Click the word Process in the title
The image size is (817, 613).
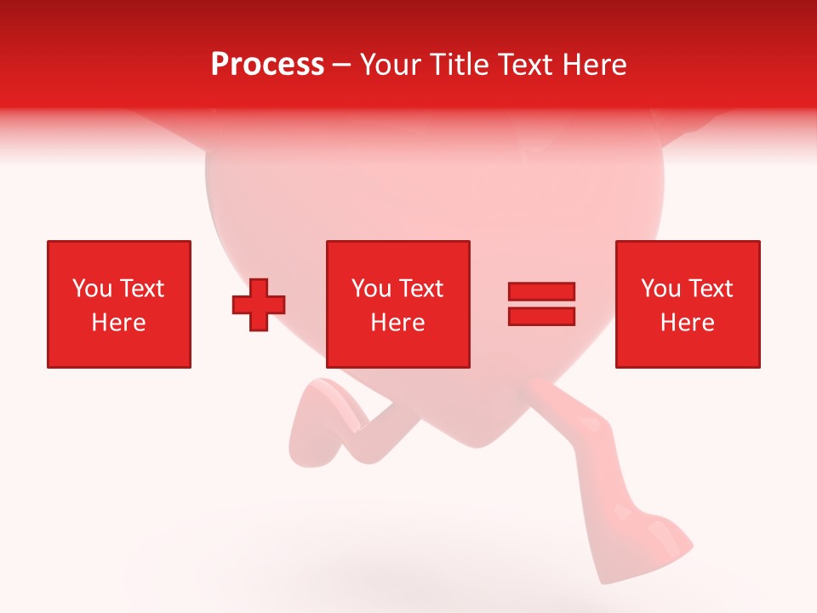pos(267,65)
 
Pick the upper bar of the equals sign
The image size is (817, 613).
pos(541,292)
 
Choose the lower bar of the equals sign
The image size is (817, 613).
pos(541,316)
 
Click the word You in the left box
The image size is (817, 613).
pos(93,289)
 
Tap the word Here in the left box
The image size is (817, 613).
pos(118,323)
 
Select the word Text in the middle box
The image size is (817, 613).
pos(420,289)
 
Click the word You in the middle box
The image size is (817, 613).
pos(372,289)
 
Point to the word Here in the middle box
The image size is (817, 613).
pos(397,323)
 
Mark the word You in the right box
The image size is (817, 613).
pos(661,289)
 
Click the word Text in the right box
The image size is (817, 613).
pos(710,289)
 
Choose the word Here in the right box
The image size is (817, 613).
pos(687,323)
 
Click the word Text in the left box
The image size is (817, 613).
pos(141,289)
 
